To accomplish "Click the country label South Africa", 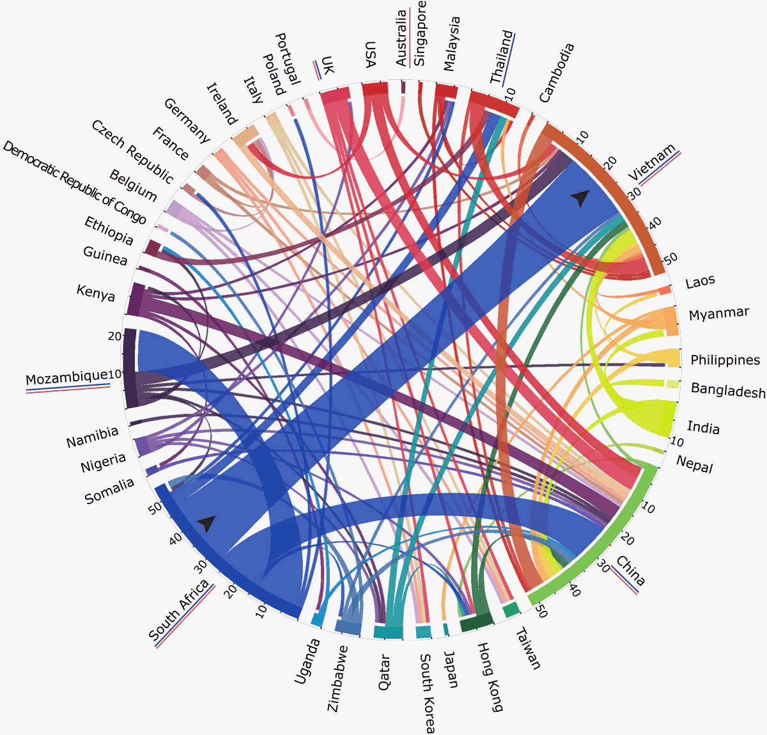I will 178,610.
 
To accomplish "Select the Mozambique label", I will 66,378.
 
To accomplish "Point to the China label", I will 630,571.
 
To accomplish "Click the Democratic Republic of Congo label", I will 74,183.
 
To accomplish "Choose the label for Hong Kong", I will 490,677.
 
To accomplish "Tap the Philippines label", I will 725,360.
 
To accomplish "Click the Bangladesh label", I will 728,390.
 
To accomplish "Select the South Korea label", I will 426,693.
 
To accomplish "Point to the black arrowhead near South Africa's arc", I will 206,524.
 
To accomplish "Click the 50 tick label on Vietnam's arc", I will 670,259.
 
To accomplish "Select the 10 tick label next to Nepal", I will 676,442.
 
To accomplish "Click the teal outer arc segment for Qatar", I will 388,633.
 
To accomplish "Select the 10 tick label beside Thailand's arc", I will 510,94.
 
